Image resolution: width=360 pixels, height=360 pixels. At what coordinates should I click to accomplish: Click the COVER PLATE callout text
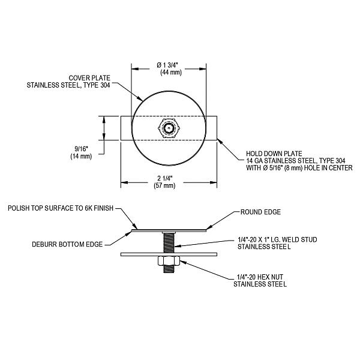90,78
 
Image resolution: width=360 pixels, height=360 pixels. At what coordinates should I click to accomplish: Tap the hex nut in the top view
169,128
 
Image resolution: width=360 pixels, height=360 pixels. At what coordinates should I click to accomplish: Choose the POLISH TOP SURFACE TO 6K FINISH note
61,208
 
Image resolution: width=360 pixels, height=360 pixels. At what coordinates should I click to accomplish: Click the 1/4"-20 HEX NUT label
260,277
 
